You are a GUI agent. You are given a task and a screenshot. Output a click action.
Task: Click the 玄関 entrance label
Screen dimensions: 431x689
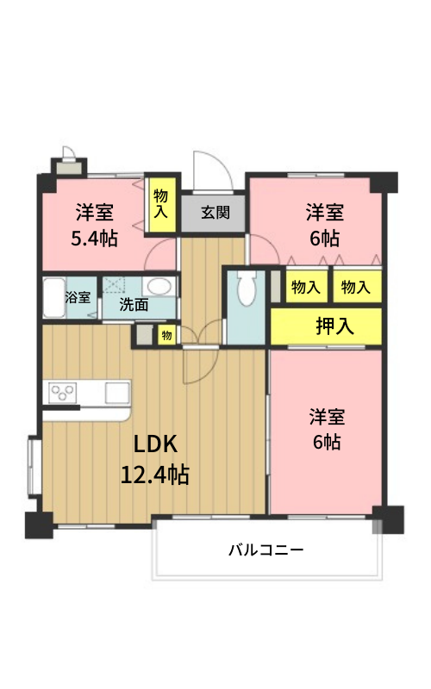point(215,213)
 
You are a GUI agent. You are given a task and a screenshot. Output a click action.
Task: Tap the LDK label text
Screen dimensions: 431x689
point(155,444)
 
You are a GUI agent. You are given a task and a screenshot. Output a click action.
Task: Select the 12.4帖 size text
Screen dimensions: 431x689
point(155,475)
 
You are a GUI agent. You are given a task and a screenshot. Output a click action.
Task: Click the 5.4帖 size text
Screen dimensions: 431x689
point(95,239)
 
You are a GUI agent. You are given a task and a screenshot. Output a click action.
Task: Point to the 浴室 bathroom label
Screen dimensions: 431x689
point(78,297)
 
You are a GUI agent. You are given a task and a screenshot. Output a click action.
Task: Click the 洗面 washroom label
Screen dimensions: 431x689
point(134,304)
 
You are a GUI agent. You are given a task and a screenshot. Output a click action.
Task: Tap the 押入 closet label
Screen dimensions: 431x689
point(334,326)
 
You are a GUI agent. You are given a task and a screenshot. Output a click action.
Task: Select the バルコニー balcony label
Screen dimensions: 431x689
point(266,549)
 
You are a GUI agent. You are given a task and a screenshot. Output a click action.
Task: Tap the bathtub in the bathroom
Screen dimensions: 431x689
point(54,297)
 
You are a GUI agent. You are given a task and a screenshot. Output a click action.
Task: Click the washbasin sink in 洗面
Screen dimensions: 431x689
point(159,287)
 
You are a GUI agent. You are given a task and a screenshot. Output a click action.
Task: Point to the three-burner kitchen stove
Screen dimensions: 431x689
point(63,392)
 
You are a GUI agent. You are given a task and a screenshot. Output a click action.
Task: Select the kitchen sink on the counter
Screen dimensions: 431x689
point(117,392)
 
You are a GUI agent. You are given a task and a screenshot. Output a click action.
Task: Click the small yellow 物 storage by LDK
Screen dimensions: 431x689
point(166,336)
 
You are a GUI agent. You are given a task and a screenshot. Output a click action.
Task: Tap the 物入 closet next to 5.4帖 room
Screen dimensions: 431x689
point(160,204)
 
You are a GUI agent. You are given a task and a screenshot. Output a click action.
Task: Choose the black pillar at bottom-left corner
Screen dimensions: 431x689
point(39,525)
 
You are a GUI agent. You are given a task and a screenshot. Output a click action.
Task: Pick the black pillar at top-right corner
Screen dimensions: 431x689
point(384,183)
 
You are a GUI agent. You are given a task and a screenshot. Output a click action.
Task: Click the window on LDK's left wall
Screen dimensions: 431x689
point(34,465)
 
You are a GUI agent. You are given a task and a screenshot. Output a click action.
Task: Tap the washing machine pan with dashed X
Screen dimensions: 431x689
point(115,285)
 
